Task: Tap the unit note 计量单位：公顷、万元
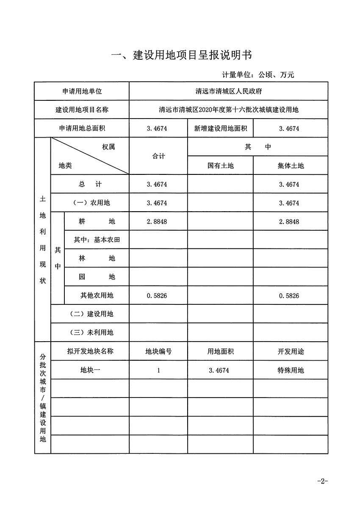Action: pos(258,75)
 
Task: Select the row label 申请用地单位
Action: pos(82,91)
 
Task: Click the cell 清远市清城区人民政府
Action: pos(229,91)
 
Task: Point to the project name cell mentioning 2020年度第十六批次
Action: pos(229,110)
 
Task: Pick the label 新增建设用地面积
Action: pos(221,128)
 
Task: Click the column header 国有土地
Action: pos(221,166)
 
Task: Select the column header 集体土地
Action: pos(291,166)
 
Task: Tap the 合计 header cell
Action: pos(159,156)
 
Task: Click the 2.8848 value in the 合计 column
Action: pos(157,221)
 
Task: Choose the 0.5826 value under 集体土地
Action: pos(289,296)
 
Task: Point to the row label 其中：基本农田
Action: pos(97,240)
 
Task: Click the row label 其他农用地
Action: pos(97,295)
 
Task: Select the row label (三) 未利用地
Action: pos(91,333)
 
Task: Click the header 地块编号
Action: pos(159,351)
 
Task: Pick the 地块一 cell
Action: pos(90,370)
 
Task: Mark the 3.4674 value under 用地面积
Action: pos(219,370)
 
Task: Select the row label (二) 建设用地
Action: pos(91,314)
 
